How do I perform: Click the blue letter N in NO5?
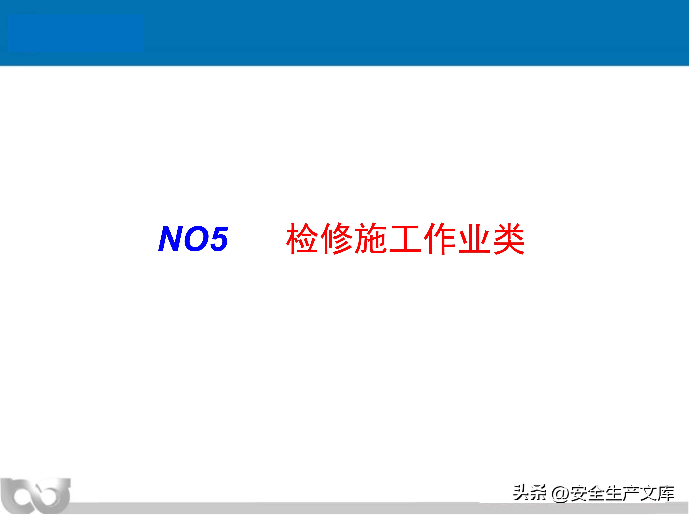pyautogui.click(x=172, y=239)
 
